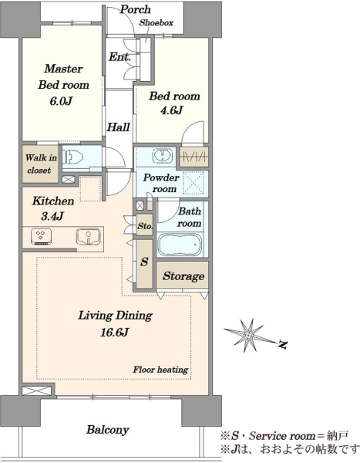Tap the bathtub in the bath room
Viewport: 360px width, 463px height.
[x=180, y=245]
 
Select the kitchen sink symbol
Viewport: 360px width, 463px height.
[x=88, y=237]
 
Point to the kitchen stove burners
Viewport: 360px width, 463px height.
[x=41, y=237]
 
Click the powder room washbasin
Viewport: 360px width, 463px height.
[x=163, y=155]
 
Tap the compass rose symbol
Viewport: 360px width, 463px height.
[x=249, y=335]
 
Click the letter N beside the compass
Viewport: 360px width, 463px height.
[x=282, y=344]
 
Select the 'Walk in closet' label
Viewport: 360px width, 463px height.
[x=40, y=164]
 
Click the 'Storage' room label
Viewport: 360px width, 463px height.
[x=183, y=276]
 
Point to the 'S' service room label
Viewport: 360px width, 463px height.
[x=144, y=262]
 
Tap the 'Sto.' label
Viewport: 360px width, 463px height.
[x=145, y=226]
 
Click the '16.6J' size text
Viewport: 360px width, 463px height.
[x=114, y=333]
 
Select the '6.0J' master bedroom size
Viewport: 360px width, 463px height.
[x=61, y=101]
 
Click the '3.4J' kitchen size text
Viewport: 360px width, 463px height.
[x=52, y=216]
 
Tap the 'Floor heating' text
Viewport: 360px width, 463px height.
[x=160, y=370]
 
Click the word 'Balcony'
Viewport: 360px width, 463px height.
[x=107, y=430]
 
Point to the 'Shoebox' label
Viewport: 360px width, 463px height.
[x=156, y=22]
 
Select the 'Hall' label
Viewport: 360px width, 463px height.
[x=118, y=127]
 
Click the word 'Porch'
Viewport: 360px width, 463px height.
[x=135, y=9]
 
